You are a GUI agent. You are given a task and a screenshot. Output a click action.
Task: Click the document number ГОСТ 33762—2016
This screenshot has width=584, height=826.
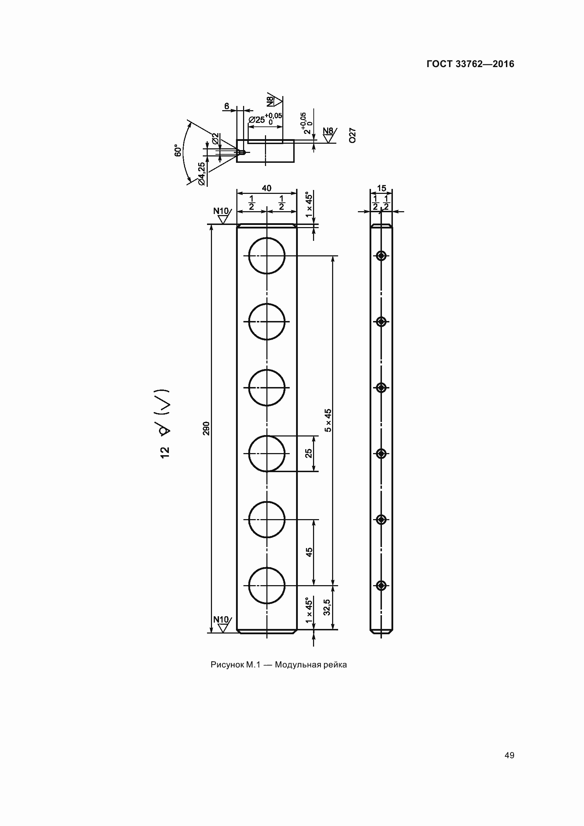pyautogui.click(x=470, y=64)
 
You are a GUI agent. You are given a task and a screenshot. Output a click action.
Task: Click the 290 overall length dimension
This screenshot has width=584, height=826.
pyautogui.click(x=206, y=428)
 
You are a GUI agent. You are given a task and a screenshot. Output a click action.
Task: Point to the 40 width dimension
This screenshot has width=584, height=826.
pyautogui.click(x=267, y=188)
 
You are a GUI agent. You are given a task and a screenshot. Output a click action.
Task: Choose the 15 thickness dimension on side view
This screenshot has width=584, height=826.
pyautogui.click(x=382, y=188)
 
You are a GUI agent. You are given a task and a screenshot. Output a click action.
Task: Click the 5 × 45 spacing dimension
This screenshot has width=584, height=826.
pyautogui.click(x=328, y=420)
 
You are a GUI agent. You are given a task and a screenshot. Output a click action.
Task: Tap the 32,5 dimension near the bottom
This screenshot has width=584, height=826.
pyautogui.click(x=327, y=608)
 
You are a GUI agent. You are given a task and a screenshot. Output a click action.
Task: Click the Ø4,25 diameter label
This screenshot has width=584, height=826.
pyautogui.click(x=201, y=174)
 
